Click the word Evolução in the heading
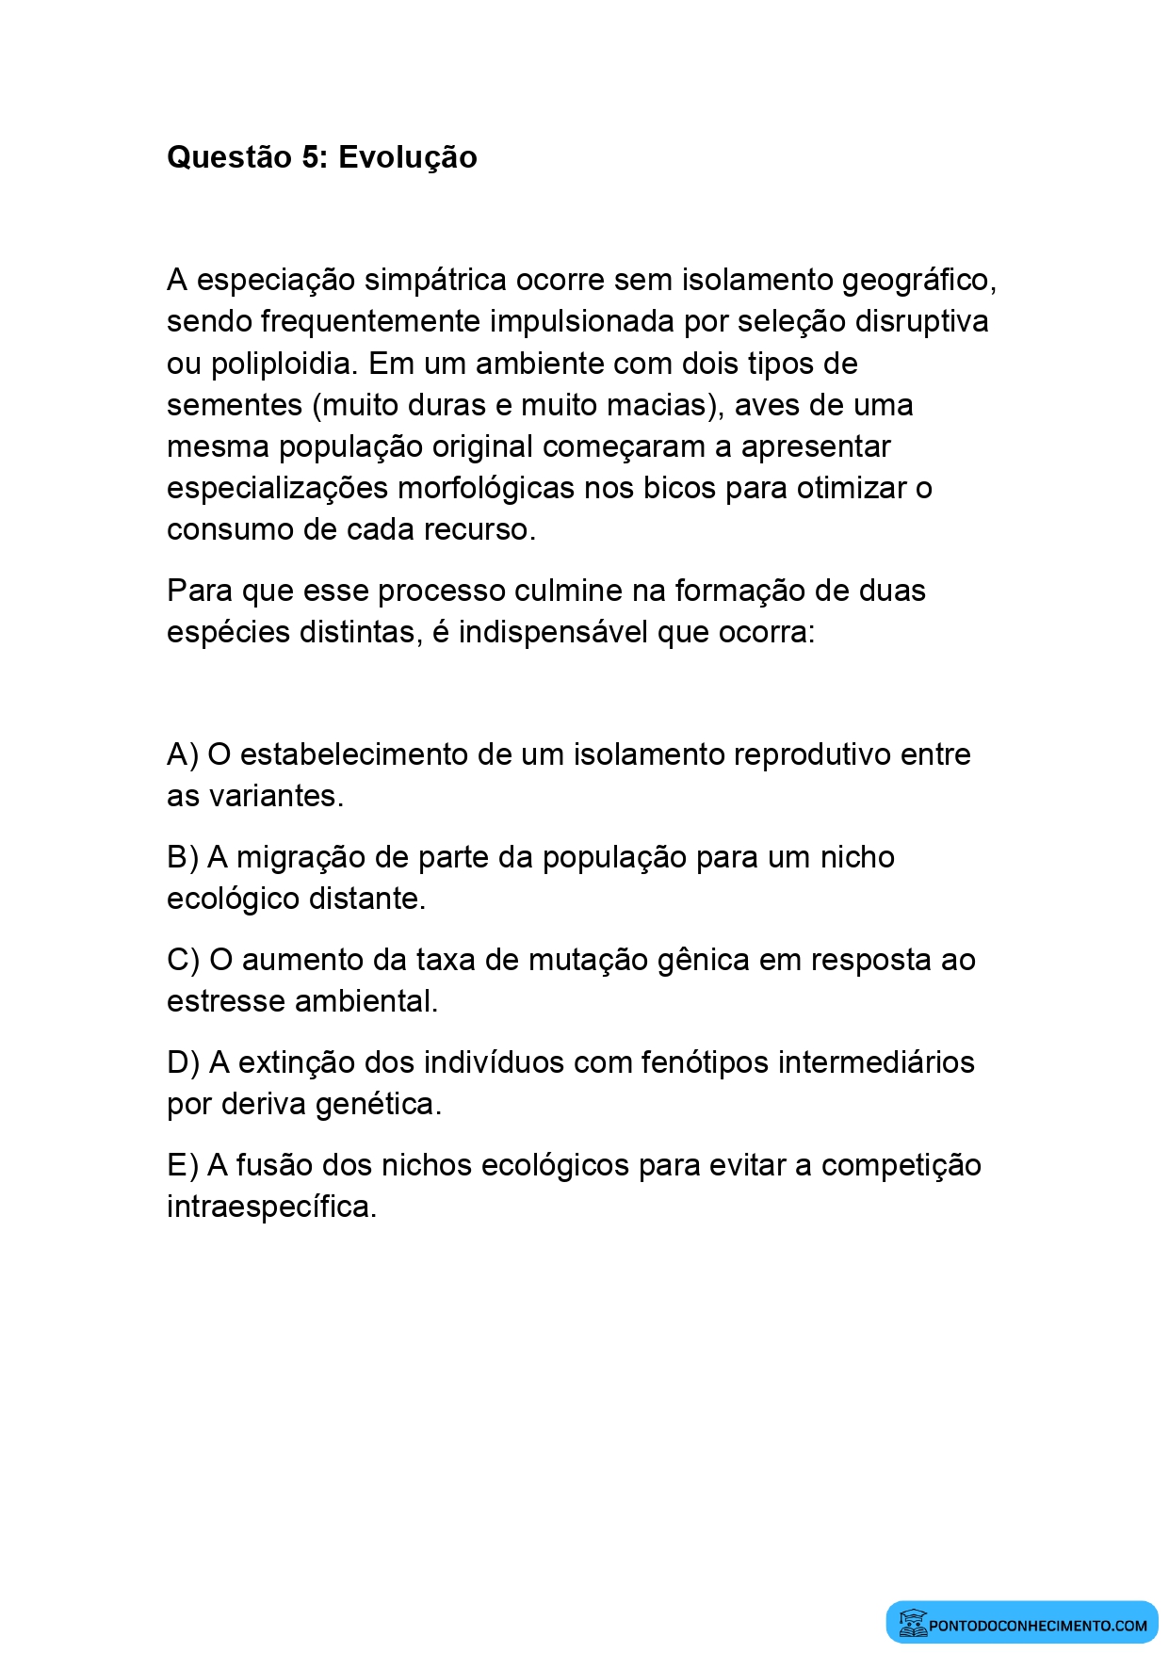407,157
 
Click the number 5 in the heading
311,157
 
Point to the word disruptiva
921,322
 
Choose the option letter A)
183,754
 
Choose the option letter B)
183,857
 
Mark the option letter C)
184,960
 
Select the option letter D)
184,1062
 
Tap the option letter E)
183,1165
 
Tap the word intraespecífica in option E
271,1207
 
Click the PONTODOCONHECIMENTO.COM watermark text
1038,1626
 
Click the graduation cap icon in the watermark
912,1623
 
